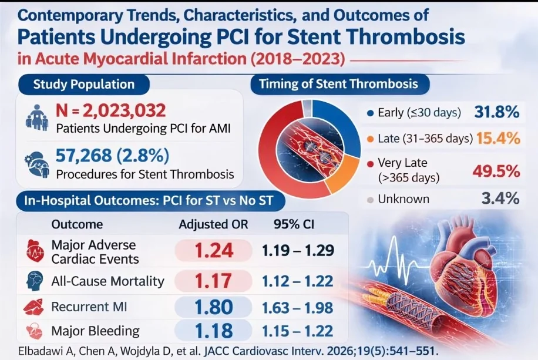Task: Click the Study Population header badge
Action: [84, 84]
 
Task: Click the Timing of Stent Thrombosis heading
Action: [338, 83]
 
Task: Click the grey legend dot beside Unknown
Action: [369, 199]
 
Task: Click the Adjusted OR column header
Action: [213, 224]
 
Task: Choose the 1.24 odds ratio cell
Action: [214, 251]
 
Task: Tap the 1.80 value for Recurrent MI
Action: [214, 307]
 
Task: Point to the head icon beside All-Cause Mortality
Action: [35, 281]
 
